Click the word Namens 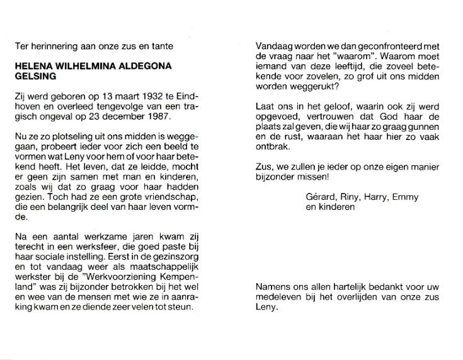273,288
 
